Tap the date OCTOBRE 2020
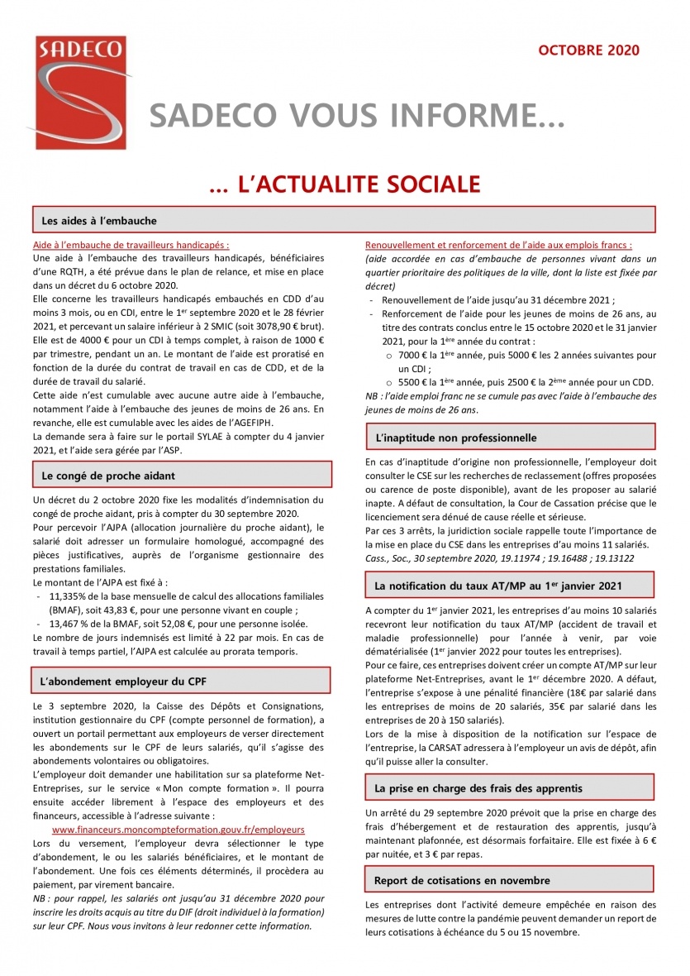[588, 50]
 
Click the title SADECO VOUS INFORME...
[356, 117]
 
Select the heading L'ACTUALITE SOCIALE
[345, 184]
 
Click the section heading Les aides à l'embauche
[99, 221]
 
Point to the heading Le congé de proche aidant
[108, 475]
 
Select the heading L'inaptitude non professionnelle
[455, 437]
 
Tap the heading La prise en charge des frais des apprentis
[478, 788]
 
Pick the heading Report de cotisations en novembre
[462, 880]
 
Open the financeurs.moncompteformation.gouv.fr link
[178, 829]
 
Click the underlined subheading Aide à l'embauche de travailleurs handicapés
[131, 245]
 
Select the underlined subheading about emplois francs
[498, 245]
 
